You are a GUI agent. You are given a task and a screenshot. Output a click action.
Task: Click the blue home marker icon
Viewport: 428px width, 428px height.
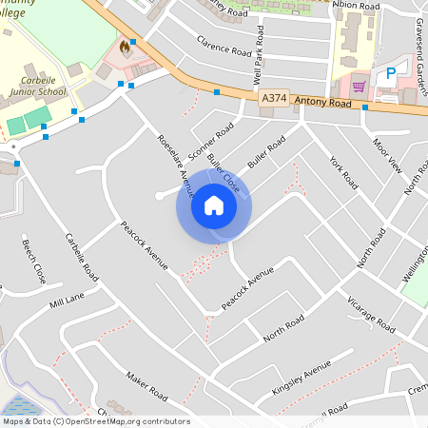(x=213, y=205)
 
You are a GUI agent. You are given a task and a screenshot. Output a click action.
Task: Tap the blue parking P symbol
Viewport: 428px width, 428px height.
(x=390, y=73)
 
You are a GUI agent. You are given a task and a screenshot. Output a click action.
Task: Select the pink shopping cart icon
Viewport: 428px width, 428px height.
(x=359, y=87)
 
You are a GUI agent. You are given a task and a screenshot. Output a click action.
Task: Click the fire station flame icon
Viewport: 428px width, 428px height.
(x=124, y=46)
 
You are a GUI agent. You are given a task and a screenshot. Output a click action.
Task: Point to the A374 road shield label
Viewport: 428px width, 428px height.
(x=273, y=98)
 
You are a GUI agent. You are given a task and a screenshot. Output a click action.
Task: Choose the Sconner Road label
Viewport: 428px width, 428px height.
(x=211, y=140)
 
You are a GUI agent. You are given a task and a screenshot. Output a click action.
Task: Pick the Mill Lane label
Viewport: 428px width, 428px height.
(x=68, y=302)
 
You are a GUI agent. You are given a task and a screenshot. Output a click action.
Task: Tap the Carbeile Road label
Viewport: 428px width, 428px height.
(x=81, y=256)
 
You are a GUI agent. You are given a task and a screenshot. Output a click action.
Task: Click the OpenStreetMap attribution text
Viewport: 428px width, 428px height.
(x=95, y=421)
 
